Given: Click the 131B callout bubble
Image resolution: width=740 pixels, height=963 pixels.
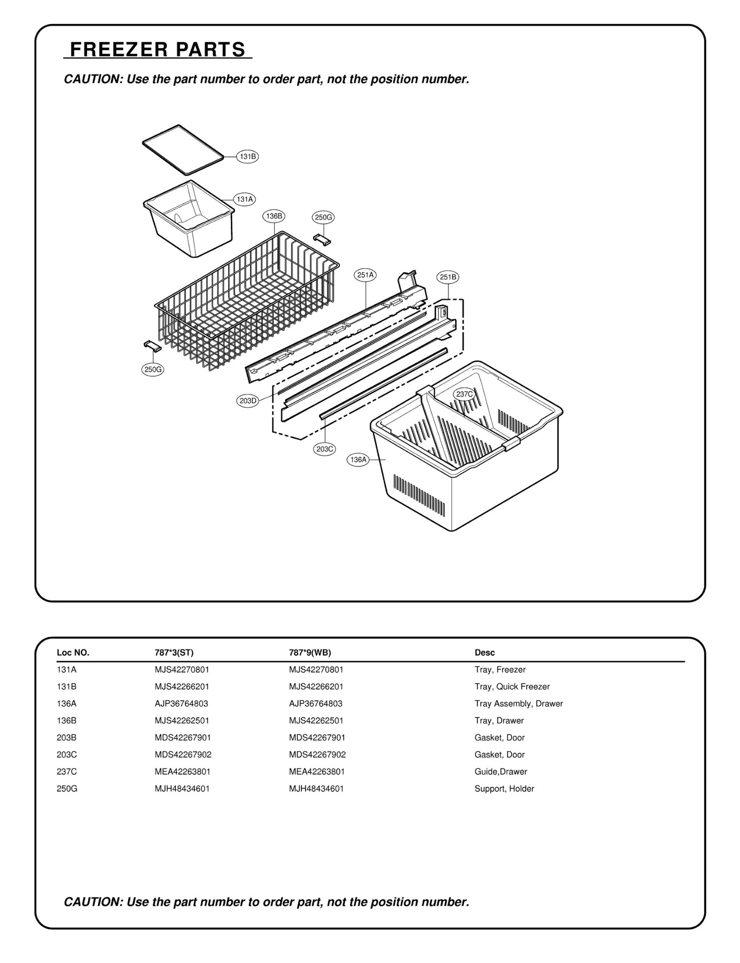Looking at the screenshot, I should coord(247,156).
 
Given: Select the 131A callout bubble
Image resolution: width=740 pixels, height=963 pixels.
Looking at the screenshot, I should coord(245,199).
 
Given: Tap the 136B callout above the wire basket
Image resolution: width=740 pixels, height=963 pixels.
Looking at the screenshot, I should coord(274,216).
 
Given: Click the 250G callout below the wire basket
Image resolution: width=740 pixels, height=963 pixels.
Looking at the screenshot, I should coord(153,369).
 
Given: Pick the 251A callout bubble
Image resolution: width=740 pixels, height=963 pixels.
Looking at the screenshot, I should coord(365,275).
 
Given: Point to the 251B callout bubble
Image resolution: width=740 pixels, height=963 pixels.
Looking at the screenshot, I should coord(448,277).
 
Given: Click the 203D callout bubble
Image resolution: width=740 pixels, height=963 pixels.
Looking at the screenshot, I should coord(248,401).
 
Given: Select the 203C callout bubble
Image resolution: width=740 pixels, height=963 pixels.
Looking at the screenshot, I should coord(325,449).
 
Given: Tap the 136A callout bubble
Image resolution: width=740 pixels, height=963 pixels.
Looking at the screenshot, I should coord(358,460).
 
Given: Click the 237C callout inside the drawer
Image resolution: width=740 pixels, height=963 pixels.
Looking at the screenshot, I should coord(464,394).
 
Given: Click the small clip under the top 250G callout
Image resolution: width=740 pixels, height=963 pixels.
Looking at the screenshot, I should coord(322,239).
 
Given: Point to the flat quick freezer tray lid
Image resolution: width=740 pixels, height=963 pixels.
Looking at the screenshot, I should coord(183,149).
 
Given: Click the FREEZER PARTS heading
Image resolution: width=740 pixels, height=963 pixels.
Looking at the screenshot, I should coord(158,49).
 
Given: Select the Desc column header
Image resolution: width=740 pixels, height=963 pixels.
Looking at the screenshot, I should coord(484,653).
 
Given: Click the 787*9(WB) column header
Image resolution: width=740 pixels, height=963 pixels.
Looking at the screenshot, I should coord(310,653).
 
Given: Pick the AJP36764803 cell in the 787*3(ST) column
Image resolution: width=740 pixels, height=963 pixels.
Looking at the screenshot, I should coord(181,704).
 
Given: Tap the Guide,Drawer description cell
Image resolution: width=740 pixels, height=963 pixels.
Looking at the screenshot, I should coord(500,772).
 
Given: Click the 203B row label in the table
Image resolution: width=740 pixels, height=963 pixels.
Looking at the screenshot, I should coord(67,737).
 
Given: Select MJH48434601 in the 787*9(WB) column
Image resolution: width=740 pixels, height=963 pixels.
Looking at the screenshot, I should coord(316,789).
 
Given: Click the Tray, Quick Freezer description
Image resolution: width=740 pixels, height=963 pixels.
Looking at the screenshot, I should coord(512,687).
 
